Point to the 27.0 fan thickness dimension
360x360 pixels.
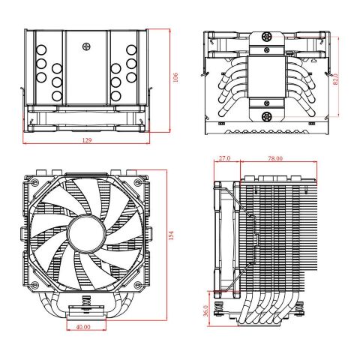pyautogui.click(x=223, y=158)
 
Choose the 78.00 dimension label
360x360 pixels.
pyautogui.click(x=274, y=158)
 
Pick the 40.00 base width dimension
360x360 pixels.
pyautogui.click(x=83, y=327)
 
